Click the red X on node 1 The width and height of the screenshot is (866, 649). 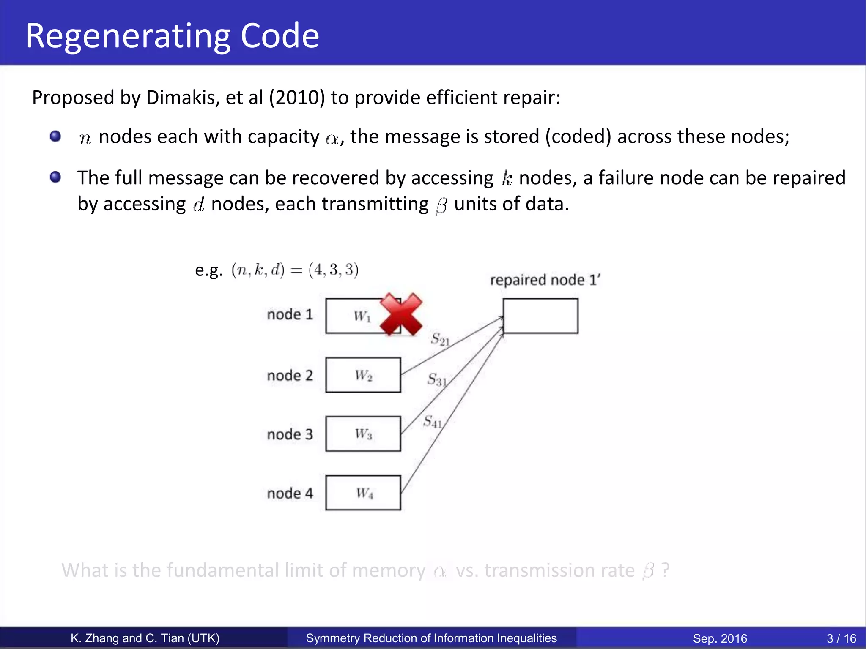[x=400, y=314]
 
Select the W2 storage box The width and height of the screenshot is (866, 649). [x=363, y=375]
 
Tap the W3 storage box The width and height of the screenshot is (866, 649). [x=363, y=434]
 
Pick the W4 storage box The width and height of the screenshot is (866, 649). [x=363, y=493]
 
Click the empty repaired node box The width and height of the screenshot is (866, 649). [x=540, y=316]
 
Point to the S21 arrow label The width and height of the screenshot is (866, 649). [x=440, y=339]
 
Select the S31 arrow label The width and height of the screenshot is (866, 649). [x=437, y=379]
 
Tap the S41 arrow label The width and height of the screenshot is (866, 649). [x=433, y=421]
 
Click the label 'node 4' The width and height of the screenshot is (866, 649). [x=290, y=493]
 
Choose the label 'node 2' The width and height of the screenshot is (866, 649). [x=290, y=375]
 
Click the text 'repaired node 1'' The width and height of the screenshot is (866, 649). [x=545, y=280]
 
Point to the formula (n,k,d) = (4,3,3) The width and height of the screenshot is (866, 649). [x=295, y=270]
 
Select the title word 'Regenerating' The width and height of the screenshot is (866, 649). [x=128, y=36]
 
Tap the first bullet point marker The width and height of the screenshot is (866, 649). [x=55, y=136]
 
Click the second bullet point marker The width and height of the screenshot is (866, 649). [x=55, y=177]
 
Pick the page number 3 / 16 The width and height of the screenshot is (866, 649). [x=841, y=638]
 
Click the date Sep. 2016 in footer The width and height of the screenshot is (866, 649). [x=720, y=638]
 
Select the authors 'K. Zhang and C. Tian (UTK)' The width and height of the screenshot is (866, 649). [x=145, y=638]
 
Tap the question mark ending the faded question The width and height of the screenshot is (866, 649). [x=665, y=570]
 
